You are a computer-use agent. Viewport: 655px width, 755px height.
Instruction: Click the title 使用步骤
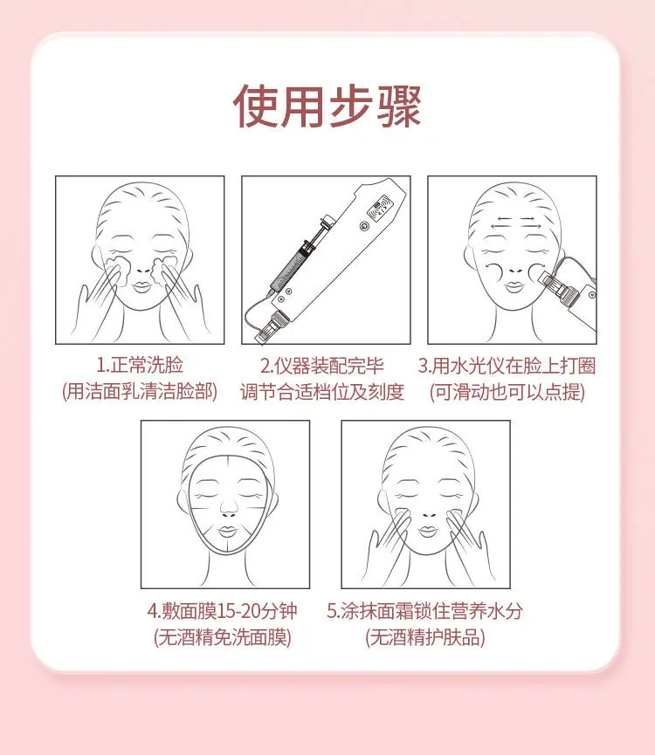327,106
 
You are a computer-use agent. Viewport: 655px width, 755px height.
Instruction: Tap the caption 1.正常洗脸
140,365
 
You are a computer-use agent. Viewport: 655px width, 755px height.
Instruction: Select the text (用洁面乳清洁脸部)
140,391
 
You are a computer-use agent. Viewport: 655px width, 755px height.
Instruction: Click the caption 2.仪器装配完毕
322,366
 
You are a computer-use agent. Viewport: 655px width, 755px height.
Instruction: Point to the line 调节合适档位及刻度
322,392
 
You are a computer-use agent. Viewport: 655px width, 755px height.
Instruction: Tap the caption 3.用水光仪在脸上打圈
507,366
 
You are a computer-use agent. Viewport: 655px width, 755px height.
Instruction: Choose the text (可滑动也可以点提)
507,392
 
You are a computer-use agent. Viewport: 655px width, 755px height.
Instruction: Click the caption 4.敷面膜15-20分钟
222,611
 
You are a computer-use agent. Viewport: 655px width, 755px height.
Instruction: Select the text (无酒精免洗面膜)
223,637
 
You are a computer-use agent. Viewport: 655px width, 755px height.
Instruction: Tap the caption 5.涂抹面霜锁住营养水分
424,611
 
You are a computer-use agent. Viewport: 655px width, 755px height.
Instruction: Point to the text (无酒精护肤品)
424,637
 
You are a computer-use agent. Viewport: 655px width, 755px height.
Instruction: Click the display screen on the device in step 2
380,208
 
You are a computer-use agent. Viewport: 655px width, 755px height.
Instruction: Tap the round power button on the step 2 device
364,225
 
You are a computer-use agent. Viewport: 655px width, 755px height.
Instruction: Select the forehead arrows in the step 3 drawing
516,222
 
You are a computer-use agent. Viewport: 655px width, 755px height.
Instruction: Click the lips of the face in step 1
142,286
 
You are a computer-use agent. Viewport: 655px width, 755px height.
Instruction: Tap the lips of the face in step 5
428,531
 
